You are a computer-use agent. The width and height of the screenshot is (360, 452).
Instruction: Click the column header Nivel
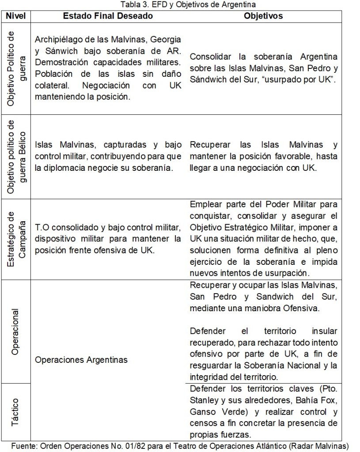[16, 16]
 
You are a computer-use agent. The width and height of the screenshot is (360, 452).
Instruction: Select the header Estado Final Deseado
[108, 16]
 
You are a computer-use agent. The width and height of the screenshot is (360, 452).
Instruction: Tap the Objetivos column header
[264, 16]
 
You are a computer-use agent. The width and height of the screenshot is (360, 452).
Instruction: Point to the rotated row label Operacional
[16, 331]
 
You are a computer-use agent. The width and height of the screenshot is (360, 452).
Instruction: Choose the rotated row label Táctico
[16, 411]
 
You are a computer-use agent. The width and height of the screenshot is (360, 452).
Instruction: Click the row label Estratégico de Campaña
[16, 239]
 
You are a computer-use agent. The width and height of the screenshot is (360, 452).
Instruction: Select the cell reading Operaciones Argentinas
[81, 360]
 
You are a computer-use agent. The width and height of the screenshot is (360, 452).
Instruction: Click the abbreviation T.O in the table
[42, 228]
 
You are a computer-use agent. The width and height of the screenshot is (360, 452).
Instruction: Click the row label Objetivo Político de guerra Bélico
[16, 156]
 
